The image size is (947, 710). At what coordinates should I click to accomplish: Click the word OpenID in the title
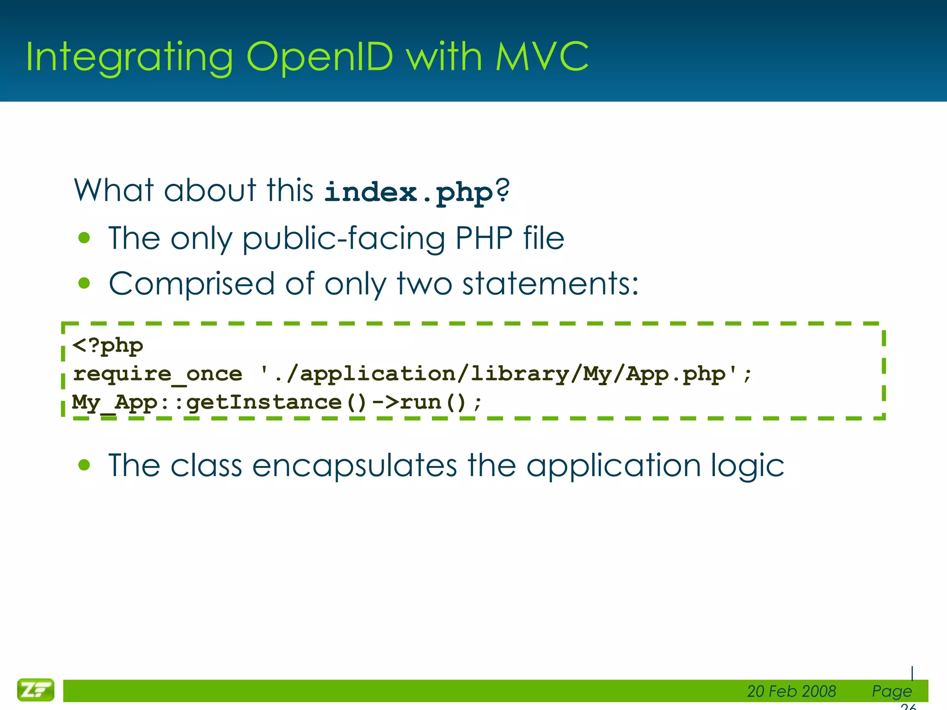point(319,57)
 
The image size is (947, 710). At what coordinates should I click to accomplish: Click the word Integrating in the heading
point(129,57)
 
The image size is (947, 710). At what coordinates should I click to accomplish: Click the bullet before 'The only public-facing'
point(84,238)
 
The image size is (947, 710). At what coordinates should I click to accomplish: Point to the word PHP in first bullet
point(484,238)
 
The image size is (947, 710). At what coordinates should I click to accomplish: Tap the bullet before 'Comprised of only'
point(84,283)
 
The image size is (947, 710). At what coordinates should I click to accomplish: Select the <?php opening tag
point(108,346)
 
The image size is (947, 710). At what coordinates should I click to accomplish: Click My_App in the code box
point(115,403)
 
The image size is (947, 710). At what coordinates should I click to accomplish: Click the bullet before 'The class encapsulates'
point(84,465)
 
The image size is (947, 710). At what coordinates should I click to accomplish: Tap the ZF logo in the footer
point(36,690)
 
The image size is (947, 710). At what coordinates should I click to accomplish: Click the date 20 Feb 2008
point(791,691)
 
